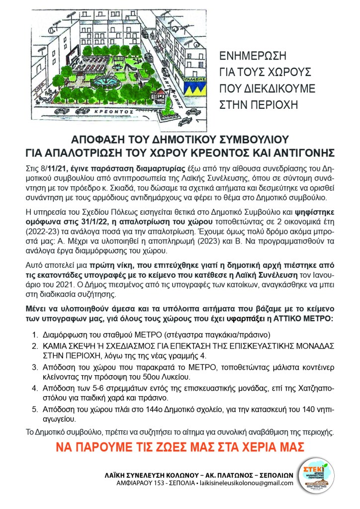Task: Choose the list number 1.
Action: (34, 335)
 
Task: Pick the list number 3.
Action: (34, 367)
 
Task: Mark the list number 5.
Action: (34, 410)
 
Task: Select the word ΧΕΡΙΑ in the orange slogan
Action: (240, 446)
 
